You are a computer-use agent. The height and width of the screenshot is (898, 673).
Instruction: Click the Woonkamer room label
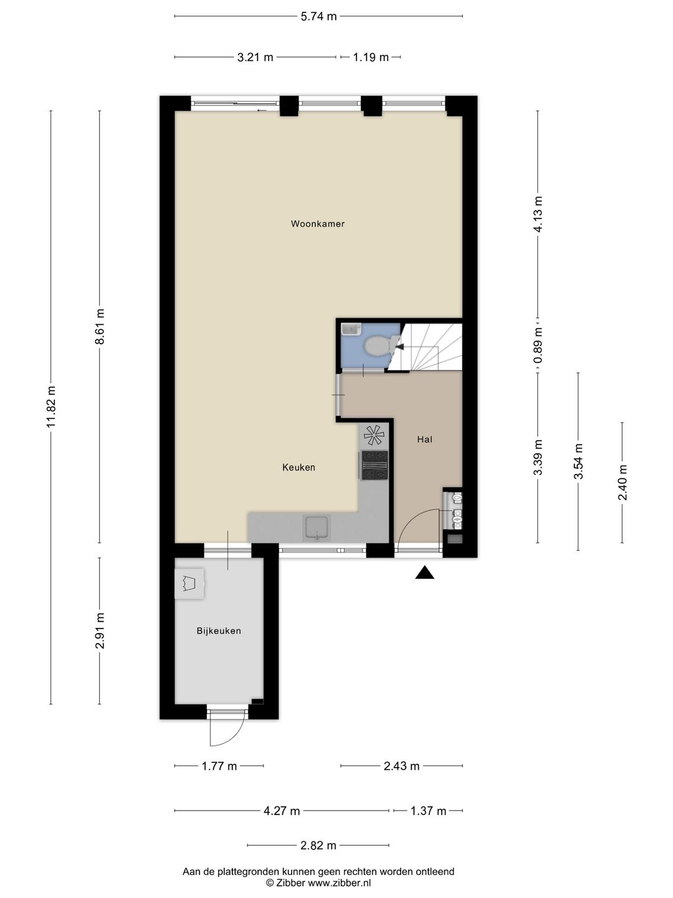pyautogui.click(x=318, y=224)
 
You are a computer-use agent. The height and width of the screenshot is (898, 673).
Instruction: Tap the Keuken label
pyautogui.click(x=298, y=467)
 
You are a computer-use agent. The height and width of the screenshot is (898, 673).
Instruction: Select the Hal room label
pyautogui.click(x=424, y=440)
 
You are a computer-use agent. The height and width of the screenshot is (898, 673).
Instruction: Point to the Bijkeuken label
pyautogui.click(x=219, y=631)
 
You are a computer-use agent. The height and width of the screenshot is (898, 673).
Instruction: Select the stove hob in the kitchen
pyautogui.click(x=374, y=465)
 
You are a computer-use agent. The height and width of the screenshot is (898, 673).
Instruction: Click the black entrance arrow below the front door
pyautogui.click(x=424, y=572)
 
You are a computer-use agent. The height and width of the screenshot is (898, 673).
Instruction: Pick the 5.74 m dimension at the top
pyautogui.click(x=318, y=16)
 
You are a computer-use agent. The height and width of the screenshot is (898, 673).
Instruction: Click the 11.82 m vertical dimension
pyautogui.click(x=51, y=407)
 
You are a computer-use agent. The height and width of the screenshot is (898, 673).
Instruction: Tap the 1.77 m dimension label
pyautogui.click(x=219, y=766)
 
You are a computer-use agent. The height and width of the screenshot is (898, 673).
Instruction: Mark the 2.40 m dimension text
pyautogui.click(x=623, y=483)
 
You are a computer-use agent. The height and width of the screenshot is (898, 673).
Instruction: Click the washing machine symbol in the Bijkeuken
pyautogui.click(x=189, y=584)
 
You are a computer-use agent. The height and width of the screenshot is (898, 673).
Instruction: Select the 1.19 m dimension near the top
pyautogui.click(x=371, y=57)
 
